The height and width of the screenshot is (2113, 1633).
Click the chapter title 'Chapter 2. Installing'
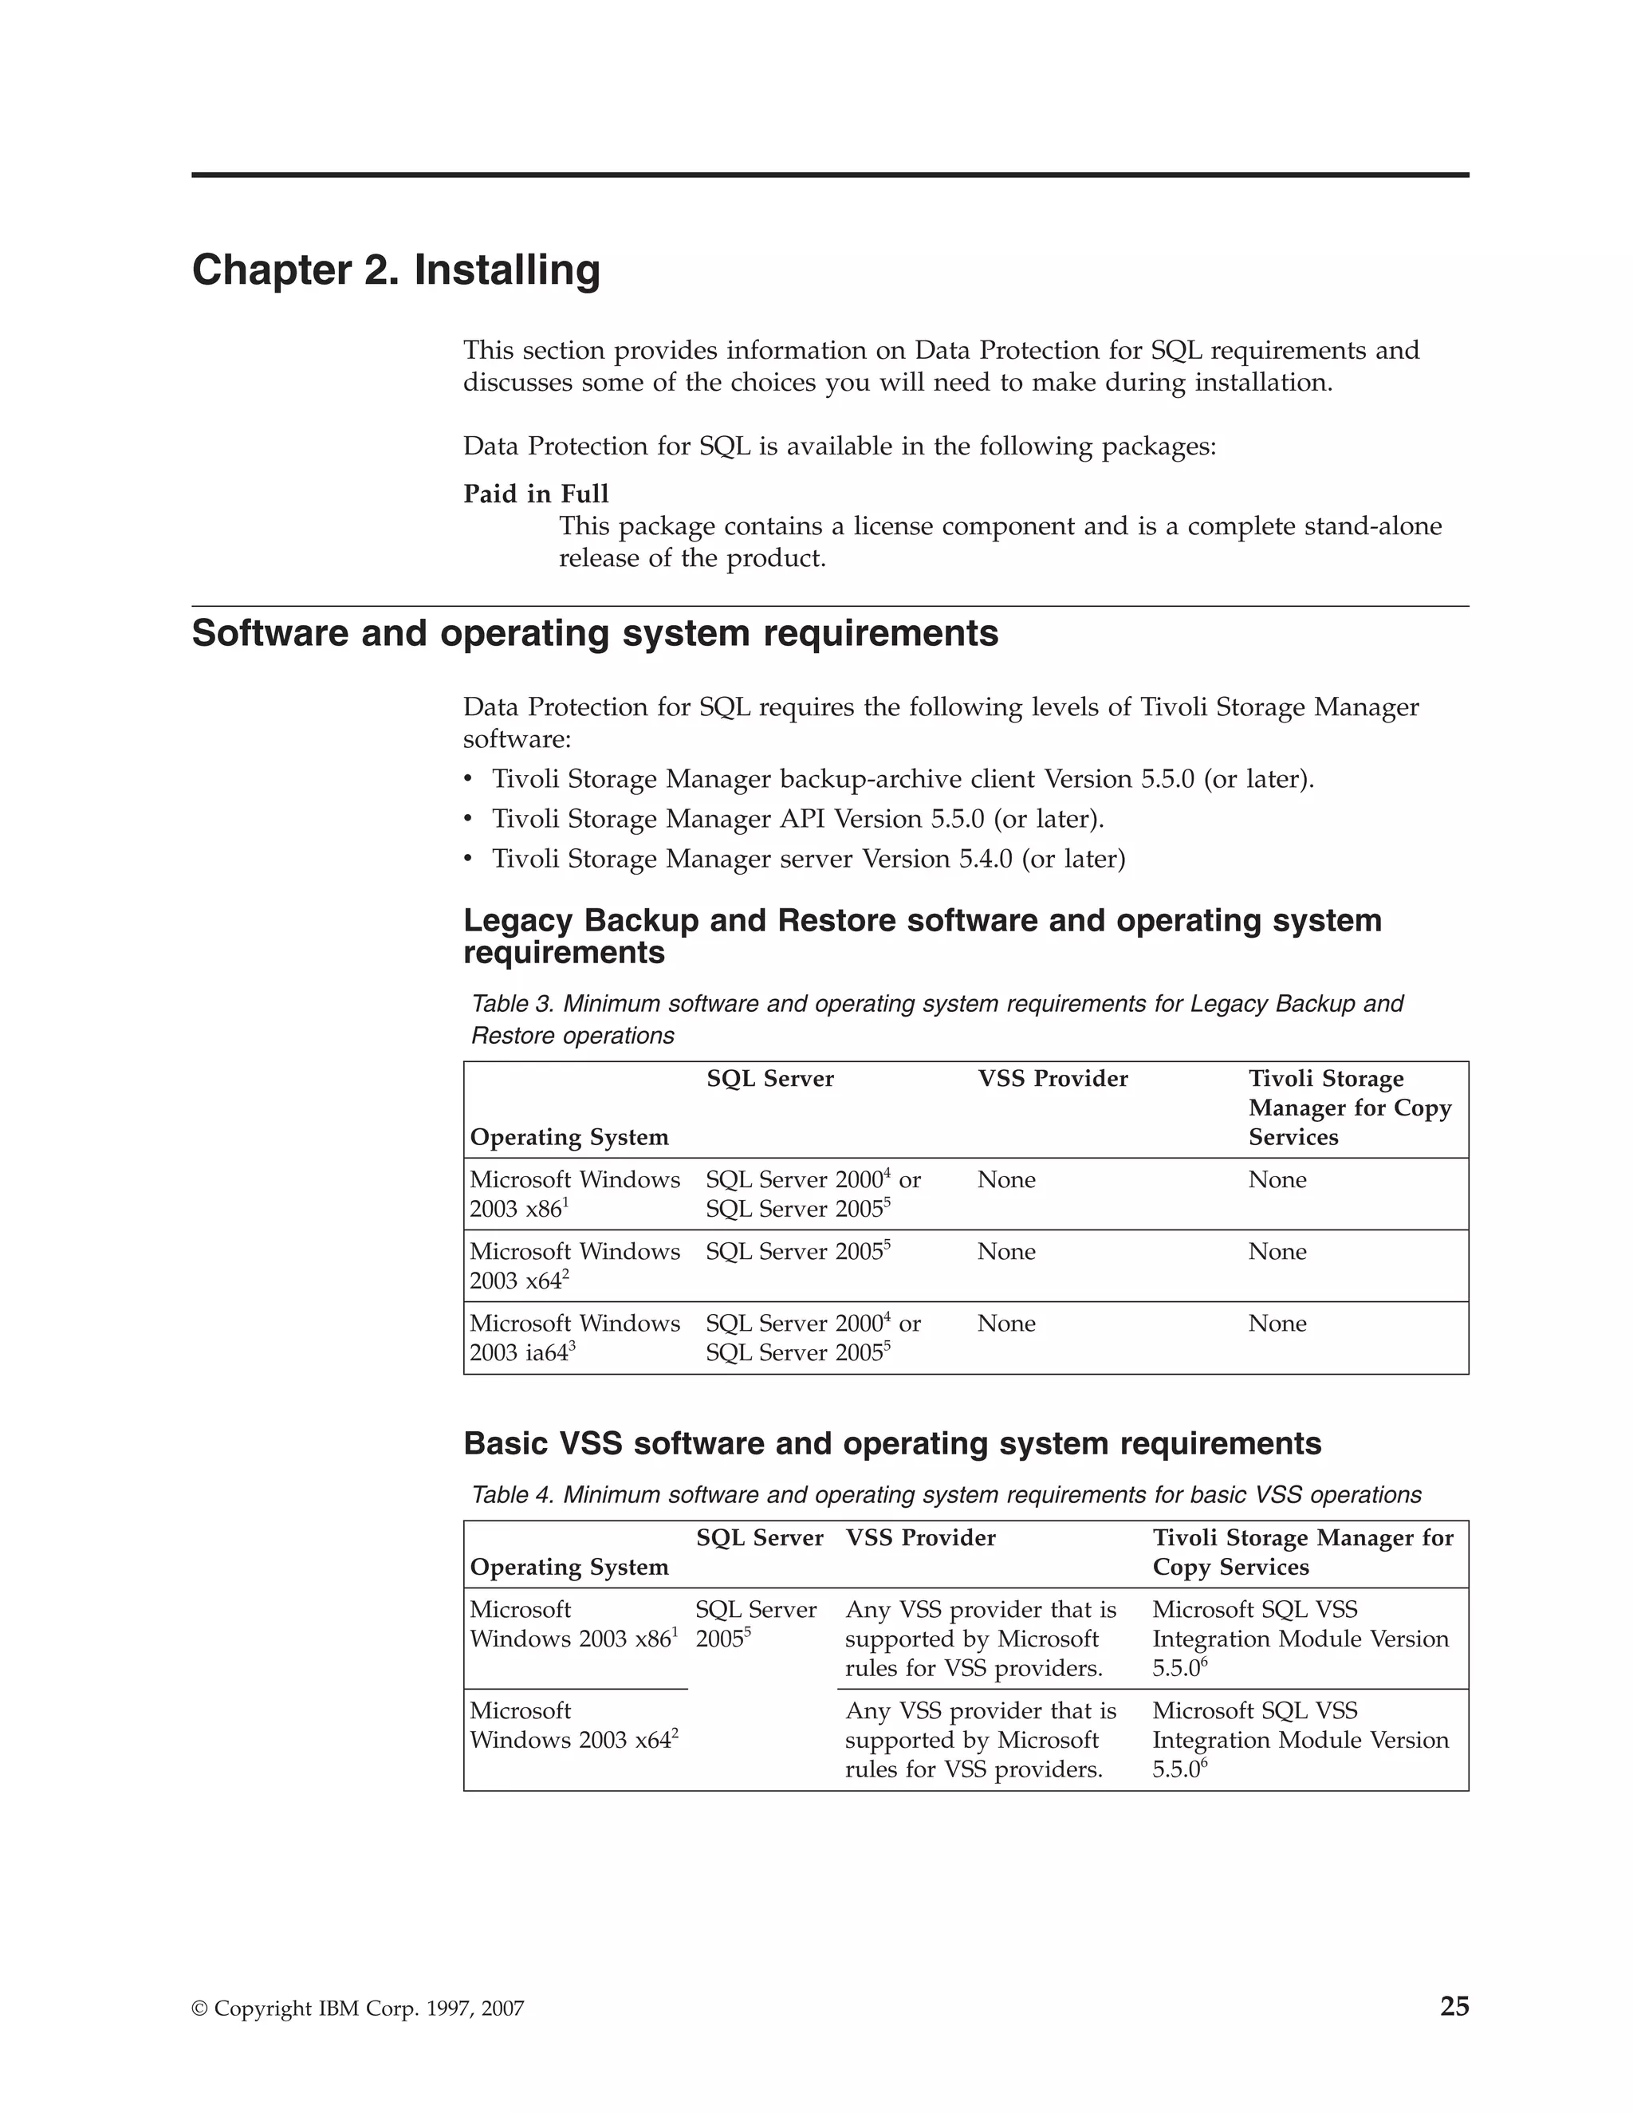pos(395,270)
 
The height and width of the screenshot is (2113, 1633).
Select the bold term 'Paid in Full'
pos(536,494)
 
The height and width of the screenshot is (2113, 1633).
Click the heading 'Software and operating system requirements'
pos(595,634)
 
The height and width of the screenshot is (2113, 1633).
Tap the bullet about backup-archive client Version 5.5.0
pos(903,779)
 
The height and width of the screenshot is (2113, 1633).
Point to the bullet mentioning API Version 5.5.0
pos(797,820)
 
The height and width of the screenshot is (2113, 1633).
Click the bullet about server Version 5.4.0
pos(808,859)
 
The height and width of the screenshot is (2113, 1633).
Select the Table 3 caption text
pos(936,1020)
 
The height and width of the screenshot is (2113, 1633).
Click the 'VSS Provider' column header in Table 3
pos(1053,1079)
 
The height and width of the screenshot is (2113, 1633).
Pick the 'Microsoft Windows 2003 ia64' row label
pos(575,1337)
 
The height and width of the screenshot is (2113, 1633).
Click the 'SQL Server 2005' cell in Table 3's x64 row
pos(797,1252)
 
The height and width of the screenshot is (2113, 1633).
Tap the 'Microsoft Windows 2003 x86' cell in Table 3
pos(575,1194)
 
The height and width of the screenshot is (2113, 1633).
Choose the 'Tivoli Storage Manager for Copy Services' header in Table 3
pos(1350,1108)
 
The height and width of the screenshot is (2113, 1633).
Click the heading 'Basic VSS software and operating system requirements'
pos(892,1443)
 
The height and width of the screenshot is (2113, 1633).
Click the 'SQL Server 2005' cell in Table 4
pos(756,1623)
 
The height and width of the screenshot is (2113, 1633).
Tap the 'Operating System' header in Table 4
pos(569,1568)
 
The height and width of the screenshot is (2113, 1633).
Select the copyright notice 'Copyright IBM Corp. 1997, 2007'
pos(358,2009)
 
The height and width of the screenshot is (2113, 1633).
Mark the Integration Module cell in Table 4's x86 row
pos(1300,1638)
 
